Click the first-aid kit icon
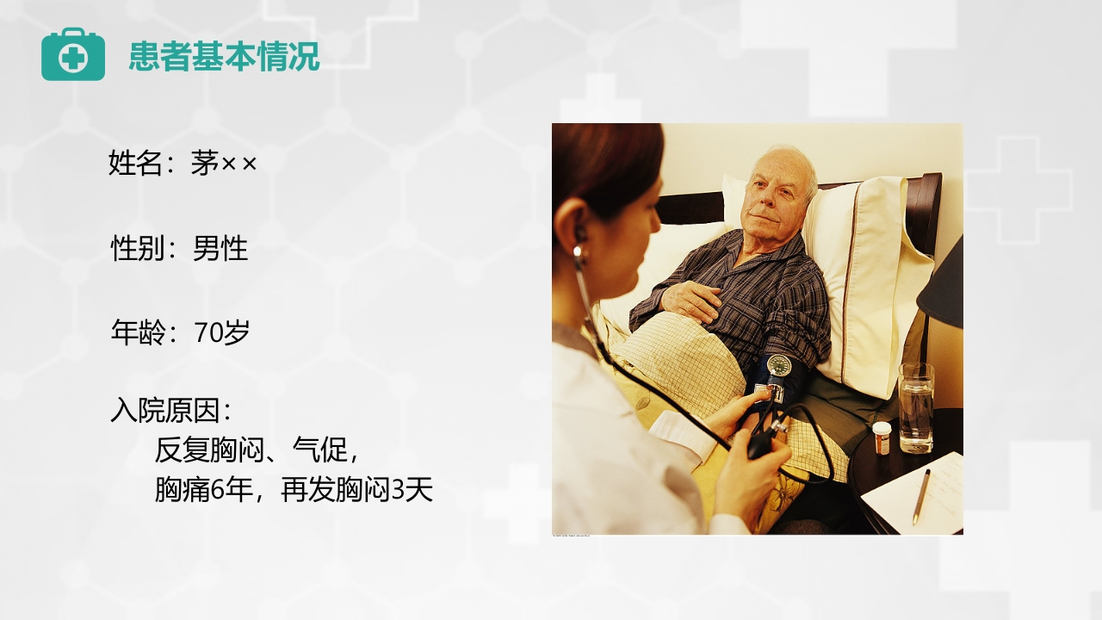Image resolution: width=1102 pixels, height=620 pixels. pos(73,55)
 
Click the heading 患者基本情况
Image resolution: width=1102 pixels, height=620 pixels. pos(224,57)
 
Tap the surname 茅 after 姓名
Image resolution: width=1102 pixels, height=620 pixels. pos(205,162)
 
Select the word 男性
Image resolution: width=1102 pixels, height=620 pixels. pos(220,248)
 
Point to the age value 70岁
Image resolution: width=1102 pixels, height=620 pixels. pos(222,332)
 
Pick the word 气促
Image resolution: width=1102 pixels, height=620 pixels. pos(319,449)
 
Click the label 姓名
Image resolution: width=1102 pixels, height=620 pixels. pos(135,162)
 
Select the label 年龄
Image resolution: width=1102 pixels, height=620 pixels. pos(138,332)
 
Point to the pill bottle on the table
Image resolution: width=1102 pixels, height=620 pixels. pos(882,437)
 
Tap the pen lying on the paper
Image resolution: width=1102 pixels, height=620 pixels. pos(921,496)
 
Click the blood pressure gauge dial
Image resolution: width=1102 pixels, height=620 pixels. pos(779,364)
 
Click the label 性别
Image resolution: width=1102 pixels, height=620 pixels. pos(138,248)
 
